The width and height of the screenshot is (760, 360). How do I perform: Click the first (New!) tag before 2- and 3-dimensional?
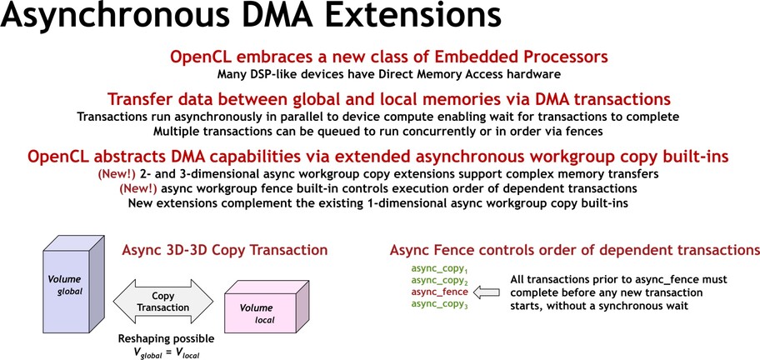pyautogui.click(x=117, y=174)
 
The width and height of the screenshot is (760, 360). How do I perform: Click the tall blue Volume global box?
pyautogui.click(x=73, y=287)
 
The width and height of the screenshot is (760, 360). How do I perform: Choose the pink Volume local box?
pyautogui.click(x=267, y=306)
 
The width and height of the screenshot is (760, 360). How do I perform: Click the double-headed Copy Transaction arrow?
pyautogui.click(x=162, y=302)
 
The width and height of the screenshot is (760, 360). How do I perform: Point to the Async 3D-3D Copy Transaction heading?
pyautogui.click(x=225, y=250)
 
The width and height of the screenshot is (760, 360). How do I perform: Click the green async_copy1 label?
pyautogui.click(x=439, y=269)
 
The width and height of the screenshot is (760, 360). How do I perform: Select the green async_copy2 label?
pyautogui.click(x=439, y=281)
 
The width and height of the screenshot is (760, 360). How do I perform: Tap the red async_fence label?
pyautogui.click(x=440, y=292)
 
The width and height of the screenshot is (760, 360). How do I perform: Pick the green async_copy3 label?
pyautogui.click(x=439, y=305)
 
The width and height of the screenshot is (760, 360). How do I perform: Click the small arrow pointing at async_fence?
pyautogui.click(x=486, y=292)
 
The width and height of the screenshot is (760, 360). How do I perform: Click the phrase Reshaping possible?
pyautogui.click(x=166, y=339)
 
